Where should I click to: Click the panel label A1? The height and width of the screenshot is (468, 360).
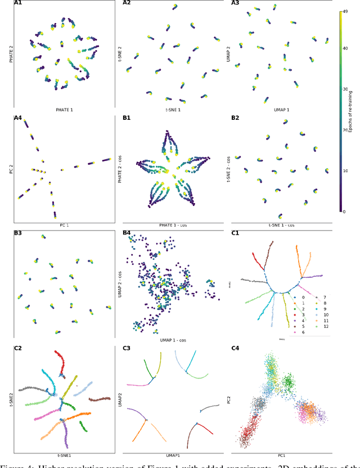pos(17,3)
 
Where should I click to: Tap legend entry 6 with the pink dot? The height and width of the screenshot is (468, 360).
pos(299,333)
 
